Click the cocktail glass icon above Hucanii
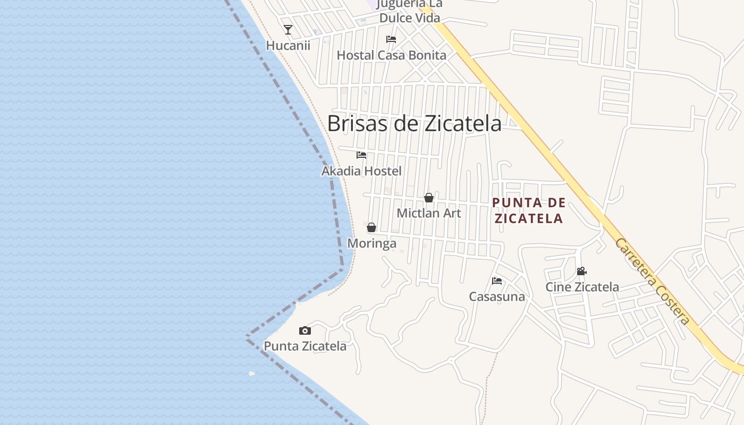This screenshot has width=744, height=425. (x=288, y=30)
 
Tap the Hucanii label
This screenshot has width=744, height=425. (x=288, y=46)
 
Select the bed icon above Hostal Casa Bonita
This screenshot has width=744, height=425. (x=391, y=39)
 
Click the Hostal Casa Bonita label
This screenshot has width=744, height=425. (x=392, y=55)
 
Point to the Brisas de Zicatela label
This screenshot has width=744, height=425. (x=414, y=123)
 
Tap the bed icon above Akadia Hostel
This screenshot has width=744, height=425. (x=361, y=155)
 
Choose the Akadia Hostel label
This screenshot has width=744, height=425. (x=361, y=171)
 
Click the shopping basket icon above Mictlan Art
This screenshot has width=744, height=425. (x=429, y=198)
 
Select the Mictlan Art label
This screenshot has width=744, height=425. (x=429, y=213)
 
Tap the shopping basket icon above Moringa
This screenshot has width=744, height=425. (x=371, y=227)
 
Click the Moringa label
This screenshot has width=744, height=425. (x=371, y=243)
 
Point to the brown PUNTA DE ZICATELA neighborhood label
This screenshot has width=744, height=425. (x=528, y=210)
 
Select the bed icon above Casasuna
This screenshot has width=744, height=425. (x=497, y=280)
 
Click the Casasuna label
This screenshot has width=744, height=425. (x=497, y=296)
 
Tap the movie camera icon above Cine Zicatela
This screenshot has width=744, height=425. (x=582, y=271)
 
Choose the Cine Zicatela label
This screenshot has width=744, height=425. (x=582, y=287)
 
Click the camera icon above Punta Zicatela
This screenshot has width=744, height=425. (x=305, y=330)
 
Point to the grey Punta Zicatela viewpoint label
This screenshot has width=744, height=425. (x=305, y=346)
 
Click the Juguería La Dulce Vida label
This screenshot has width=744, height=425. (x=410, y=11)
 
